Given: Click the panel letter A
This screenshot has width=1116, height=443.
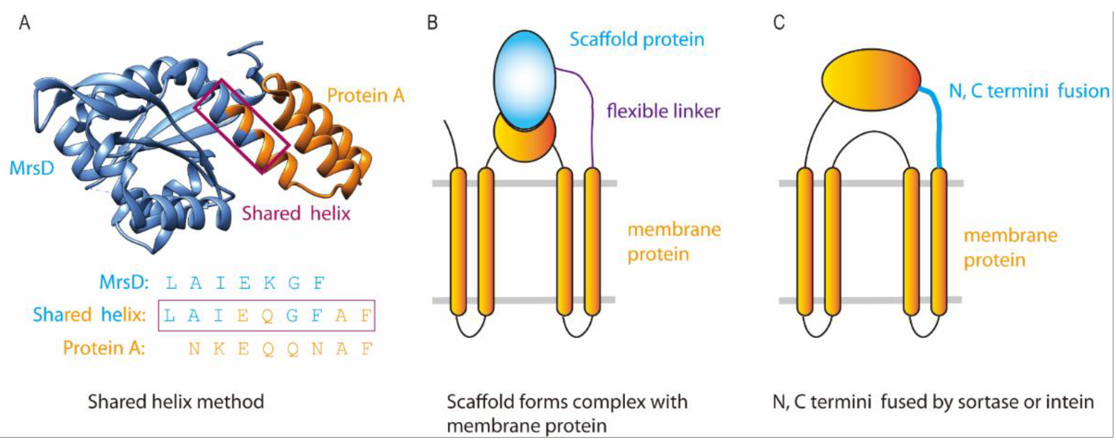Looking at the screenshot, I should click(25, 22).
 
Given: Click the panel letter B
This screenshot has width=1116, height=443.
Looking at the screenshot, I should click(432, 22).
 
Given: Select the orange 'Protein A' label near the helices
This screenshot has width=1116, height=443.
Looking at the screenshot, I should click(366, 95).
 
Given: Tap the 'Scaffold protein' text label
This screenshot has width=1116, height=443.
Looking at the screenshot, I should click(637, 40).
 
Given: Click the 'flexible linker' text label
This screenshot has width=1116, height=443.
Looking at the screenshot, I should click(663, 111).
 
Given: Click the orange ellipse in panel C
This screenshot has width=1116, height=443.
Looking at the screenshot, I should click(871, 80).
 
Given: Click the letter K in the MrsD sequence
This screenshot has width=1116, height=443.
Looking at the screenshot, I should click(269, 283).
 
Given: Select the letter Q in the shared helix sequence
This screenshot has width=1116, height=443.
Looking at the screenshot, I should click(268, 316).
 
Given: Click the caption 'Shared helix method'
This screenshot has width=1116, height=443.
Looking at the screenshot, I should click(176, 402).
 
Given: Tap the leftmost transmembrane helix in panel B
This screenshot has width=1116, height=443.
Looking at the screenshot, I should click(459, 242).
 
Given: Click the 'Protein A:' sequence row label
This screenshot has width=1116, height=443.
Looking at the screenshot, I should click(104, 348).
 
